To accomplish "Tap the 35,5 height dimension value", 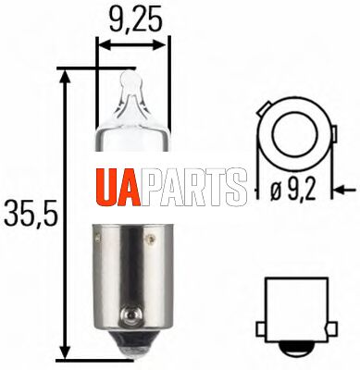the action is point(31,213).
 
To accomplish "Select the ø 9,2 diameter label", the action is point(293,191).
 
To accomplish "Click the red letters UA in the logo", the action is point(118,187).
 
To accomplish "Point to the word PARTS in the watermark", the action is point(193,187).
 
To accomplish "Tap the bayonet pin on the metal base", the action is point(131,316).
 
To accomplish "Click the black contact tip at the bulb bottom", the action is point(132,345).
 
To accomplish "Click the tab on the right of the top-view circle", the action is point(334,135).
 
